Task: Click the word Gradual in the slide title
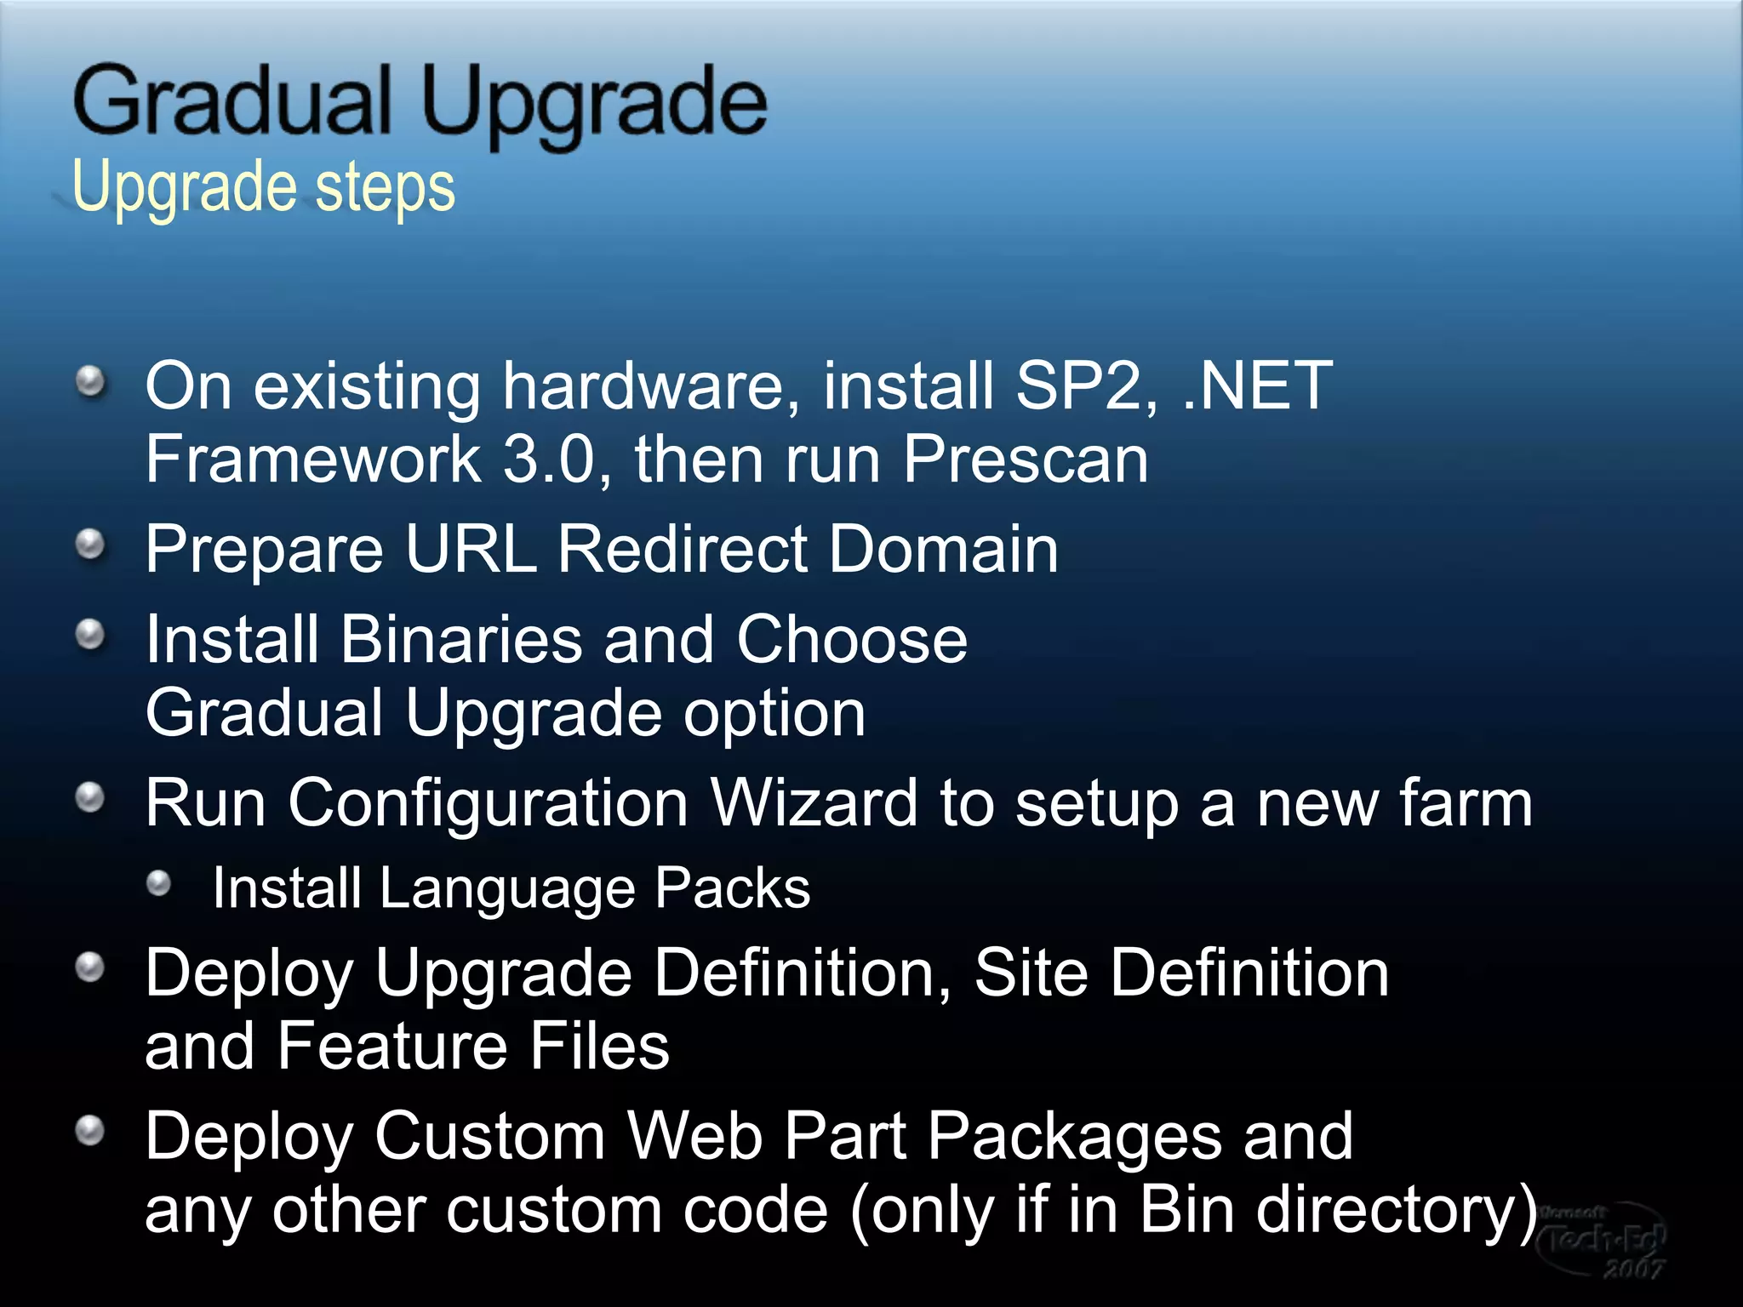pos(231,102)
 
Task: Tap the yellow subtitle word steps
pos(385,187)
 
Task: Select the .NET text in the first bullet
pos(1258,386)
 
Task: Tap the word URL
pos(471,550)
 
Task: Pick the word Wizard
pos(814,803)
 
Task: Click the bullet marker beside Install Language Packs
pos(159,884)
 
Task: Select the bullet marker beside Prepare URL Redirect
pos(90,545)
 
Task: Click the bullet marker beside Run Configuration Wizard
pos(90,798)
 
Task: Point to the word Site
pos(1031,973)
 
